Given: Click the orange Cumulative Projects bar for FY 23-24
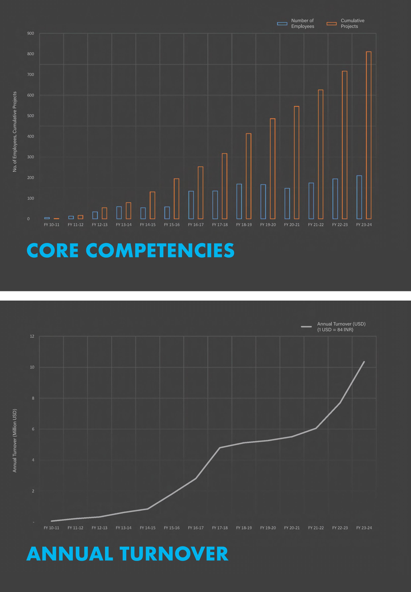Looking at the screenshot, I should tap(369, 135).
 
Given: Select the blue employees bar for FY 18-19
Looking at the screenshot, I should tap(239, 201).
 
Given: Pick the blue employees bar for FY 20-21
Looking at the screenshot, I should tap(287, 203).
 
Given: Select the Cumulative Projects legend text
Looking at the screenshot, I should tap(352, 23).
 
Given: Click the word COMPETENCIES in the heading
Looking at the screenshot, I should tap(160, 250).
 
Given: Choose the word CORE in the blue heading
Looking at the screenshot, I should tap(53, 250).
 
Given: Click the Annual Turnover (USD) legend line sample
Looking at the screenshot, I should tap(306, 327).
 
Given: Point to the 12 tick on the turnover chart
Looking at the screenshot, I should tap(32, 336).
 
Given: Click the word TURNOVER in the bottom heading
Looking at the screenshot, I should tap(174, 554).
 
